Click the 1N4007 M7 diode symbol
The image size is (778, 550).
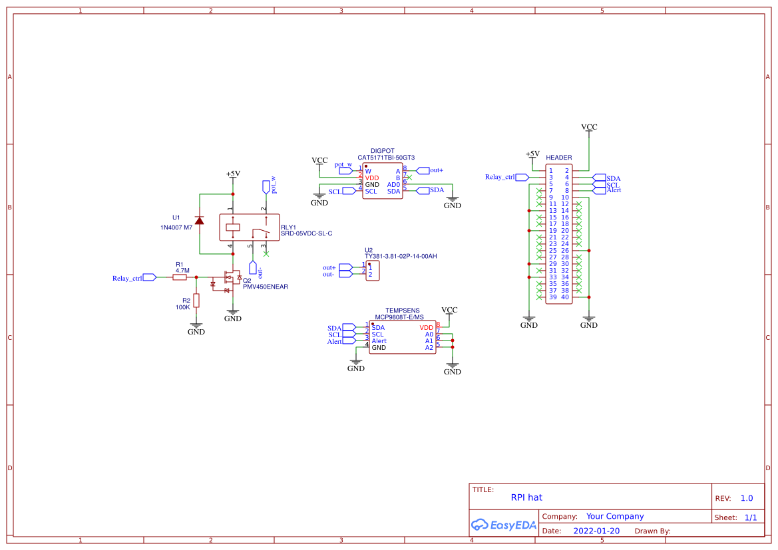point(199,220)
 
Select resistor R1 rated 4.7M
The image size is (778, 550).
point(180,277)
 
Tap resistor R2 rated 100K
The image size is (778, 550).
point(196,300)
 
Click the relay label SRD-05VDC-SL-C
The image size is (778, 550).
point(306,233)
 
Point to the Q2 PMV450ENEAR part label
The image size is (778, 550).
point(265,287)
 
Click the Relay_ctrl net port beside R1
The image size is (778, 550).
point(150,278)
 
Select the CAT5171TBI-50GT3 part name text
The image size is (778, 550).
point(386,158)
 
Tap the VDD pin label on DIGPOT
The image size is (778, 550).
point(371,178)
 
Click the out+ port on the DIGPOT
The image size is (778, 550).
point(422,171)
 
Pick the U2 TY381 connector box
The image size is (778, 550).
point(372,271)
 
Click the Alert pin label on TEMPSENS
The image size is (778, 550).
point(379,341)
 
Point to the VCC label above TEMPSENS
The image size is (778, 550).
point(449,310)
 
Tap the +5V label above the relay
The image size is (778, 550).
point(233,174)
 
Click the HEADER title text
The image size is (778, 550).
point(558,158)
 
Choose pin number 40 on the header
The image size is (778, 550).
point(565,297)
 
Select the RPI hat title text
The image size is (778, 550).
point(526,497)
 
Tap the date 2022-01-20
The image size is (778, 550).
point(596,531)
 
